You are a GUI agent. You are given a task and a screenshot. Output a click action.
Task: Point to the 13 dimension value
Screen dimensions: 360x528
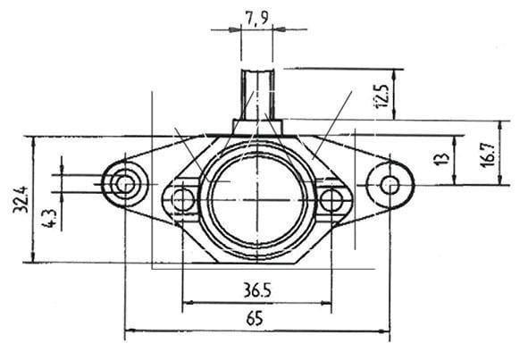pos(440,160)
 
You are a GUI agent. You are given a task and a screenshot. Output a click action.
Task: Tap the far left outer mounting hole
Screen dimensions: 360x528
pos(123,185)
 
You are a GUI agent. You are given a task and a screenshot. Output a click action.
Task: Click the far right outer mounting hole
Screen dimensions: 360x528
pos(390,185)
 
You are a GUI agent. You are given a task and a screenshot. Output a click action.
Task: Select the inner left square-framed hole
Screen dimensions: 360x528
pos(183,198)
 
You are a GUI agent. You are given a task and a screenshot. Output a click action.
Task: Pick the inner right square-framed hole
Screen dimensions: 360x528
pos(331,198)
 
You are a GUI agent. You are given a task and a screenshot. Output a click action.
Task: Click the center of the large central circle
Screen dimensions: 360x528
pos(257,198)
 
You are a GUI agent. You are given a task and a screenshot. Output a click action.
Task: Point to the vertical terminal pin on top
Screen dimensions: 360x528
pos(257,92)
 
